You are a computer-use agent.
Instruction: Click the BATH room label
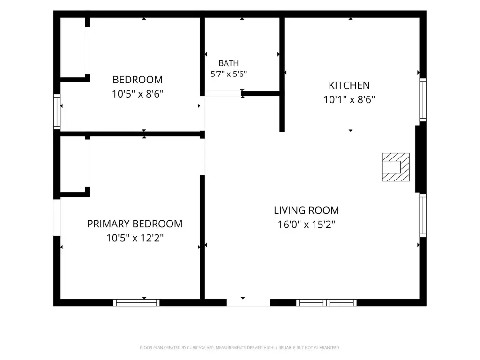228,63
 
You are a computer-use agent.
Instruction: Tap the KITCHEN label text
349,85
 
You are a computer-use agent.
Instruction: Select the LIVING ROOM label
306,210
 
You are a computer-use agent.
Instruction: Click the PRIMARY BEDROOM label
135,224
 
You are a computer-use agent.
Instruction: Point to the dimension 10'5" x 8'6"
137,94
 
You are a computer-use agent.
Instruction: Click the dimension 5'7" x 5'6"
228,74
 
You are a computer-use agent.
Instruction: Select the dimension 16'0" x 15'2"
306,225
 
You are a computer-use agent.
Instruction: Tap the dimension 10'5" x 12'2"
135,238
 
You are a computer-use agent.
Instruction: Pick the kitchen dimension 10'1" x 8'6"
349,99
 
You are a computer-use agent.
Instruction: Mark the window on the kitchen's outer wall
423,100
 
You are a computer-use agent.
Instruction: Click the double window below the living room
326,302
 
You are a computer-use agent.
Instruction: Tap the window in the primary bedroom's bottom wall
136,302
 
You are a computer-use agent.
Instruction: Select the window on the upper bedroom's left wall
57,112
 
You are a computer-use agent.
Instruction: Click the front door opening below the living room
248,302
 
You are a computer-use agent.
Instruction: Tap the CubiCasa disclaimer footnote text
240,348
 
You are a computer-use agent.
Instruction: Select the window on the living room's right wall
423,215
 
